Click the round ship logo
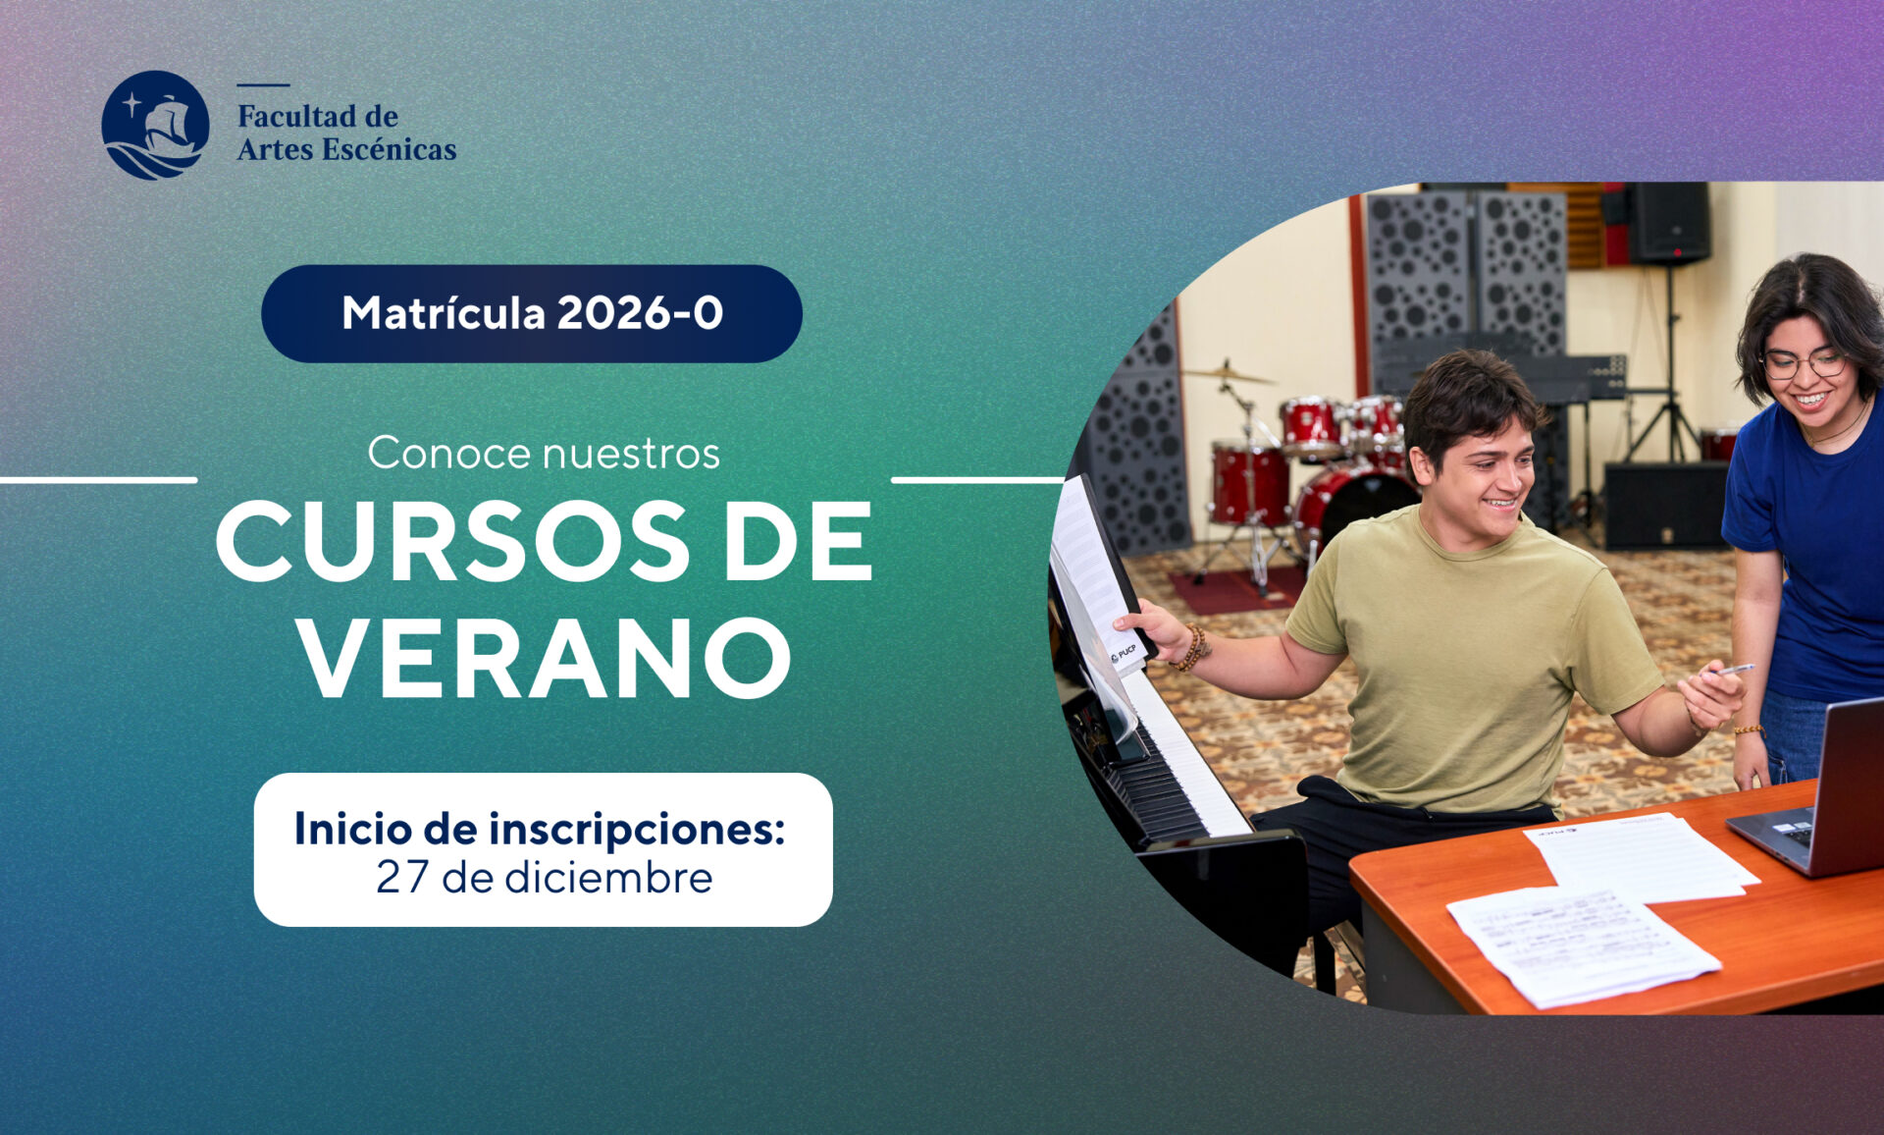point(155,125)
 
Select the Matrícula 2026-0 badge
point(532,313)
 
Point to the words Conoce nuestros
point(544,453)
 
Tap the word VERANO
point(546,656)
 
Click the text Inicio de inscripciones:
point(540,828)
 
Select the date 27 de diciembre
point(544,877)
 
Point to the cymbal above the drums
point(1226,374)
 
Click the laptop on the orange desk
point(1825,795)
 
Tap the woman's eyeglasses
point(1804,364)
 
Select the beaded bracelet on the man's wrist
point(1193,649)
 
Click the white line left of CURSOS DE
point(98,480)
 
